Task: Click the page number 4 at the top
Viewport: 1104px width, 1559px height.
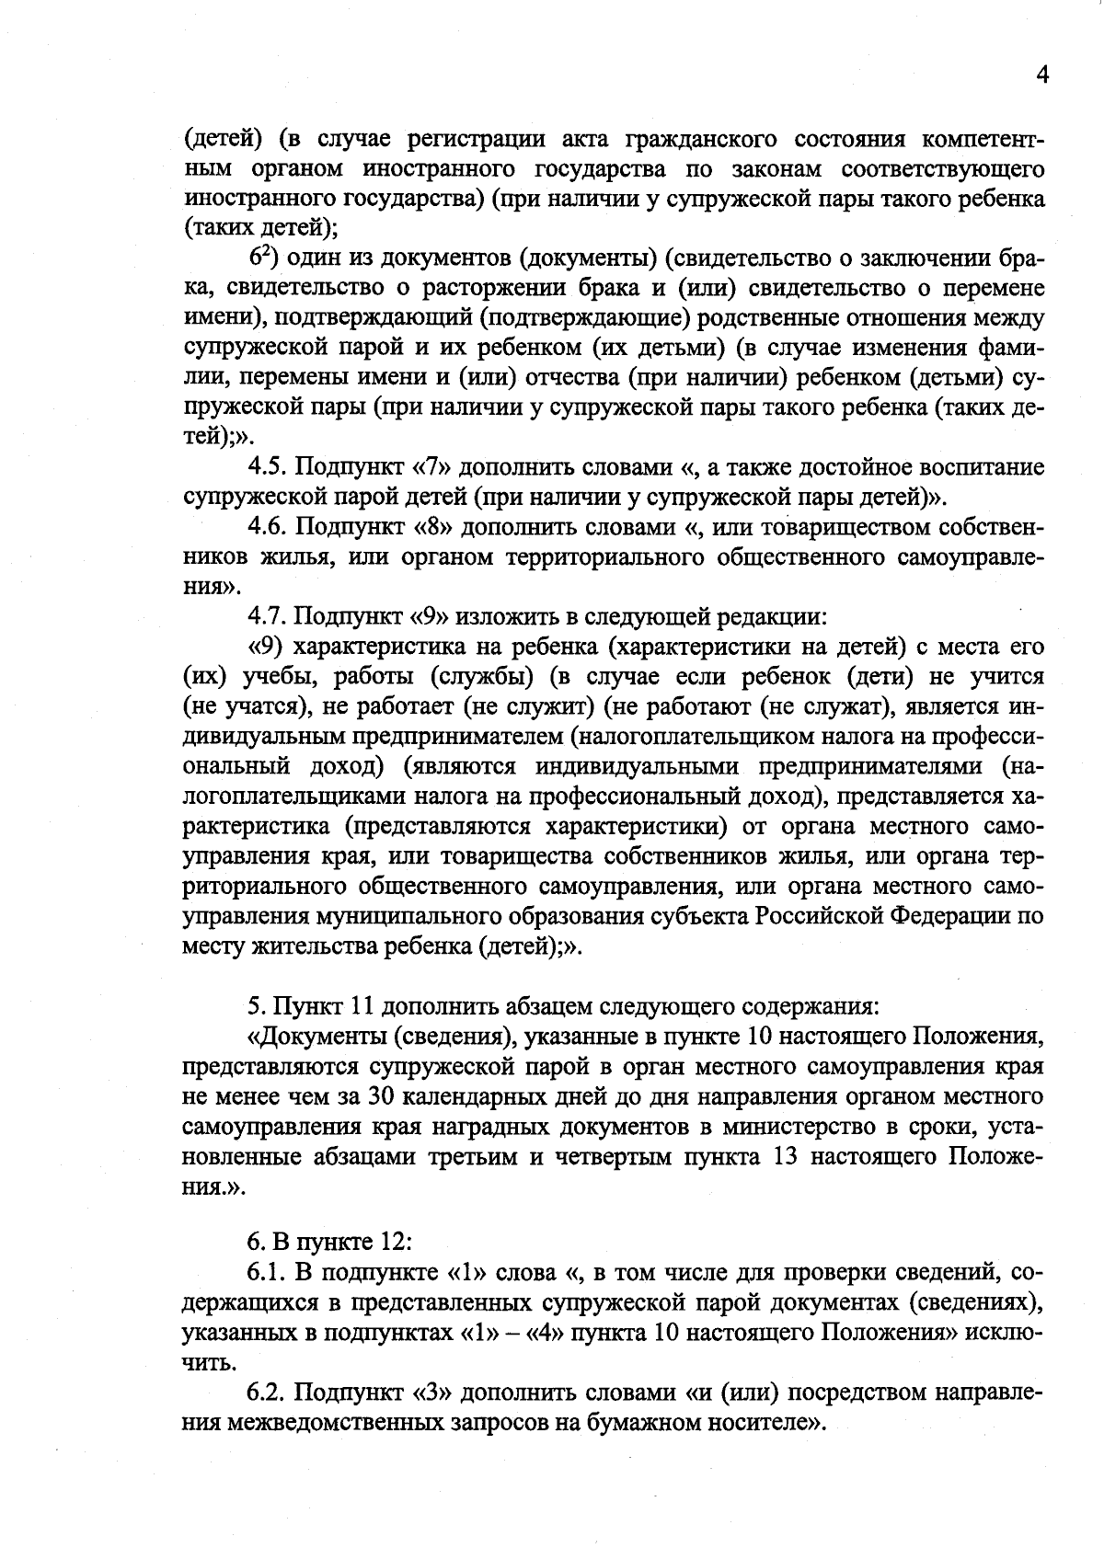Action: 1042,75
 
